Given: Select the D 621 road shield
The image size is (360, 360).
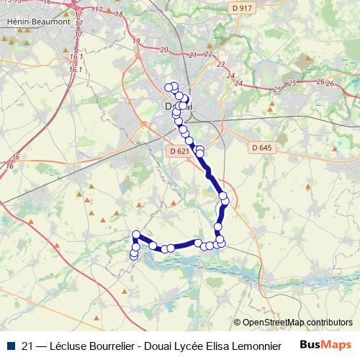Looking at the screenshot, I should (180, 151).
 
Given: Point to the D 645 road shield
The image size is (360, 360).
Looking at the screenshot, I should (263, 148).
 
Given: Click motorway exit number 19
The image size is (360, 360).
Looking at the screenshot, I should (136, 41).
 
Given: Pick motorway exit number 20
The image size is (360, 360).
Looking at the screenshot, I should (164, 50).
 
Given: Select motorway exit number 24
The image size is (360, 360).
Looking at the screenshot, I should (230, 75).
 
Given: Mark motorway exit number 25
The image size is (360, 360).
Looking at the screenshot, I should (277, 89).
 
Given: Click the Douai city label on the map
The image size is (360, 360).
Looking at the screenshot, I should (173, 107).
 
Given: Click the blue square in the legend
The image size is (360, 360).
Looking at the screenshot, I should (10, 346).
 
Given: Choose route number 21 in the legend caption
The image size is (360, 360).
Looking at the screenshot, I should (27, 346).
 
